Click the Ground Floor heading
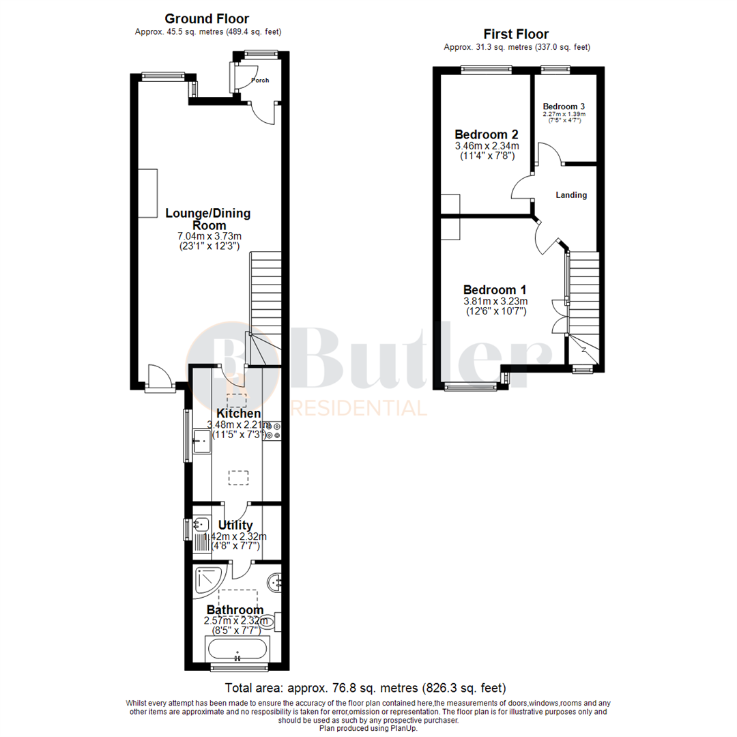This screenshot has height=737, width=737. tap(207, 19)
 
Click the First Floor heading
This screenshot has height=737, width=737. tap(516, 34)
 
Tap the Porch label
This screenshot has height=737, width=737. tap(260, 81)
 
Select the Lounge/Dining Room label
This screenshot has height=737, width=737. tap(208, 219)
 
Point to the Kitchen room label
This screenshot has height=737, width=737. tap(238, 414)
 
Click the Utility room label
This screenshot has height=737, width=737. tap(235, 525)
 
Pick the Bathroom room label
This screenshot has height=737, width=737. tap(235, 609)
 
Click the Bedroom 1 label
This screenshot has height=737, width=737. tap(495, 289)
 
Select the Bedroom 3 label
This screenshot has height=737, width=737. tap(564, 106)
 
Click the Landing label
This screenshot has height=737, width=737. tap(571, 195)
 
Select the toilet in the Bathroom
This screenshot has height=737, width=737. tap(269, 621)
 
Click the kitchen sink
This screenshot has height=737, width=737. tap(202, 442)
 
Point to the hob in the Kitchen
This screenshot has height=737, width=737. tap(275, 431)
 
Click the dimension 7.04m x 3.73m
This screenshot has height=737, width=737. tap(208, 236)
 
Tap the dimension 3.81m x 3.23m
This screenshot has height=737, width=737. tap(495, 301)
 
